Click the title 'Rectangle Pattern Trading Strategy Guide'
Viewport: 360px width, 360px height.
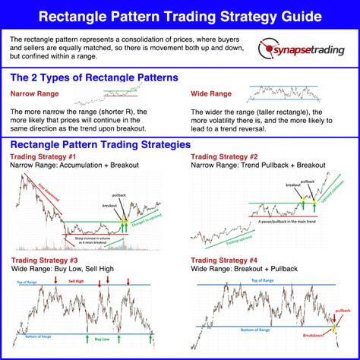(x=179, y=14)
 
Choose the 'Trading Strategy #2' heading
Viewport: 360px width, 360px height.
(x=224, y=156)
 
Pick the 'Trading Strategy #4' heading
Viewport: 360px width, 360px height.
(x=224, y=261)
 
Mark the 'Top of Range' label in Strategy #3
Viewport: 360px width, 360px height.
(x=27, y=282)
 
